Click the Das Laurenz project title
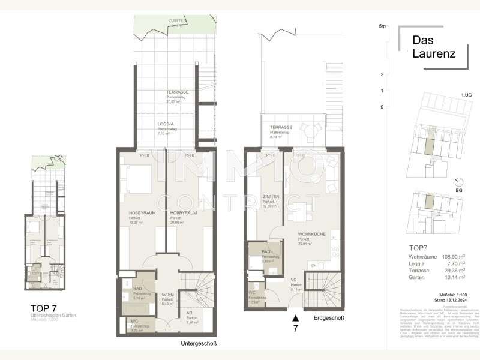(433, 47)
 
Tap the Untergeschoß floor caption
(198, 343)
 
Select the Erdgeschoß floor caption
(329, 317)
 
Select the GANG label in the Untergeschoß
(167, 295)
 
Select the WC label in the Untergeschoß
(134, 321)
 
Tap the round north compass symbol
(459, 181)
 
